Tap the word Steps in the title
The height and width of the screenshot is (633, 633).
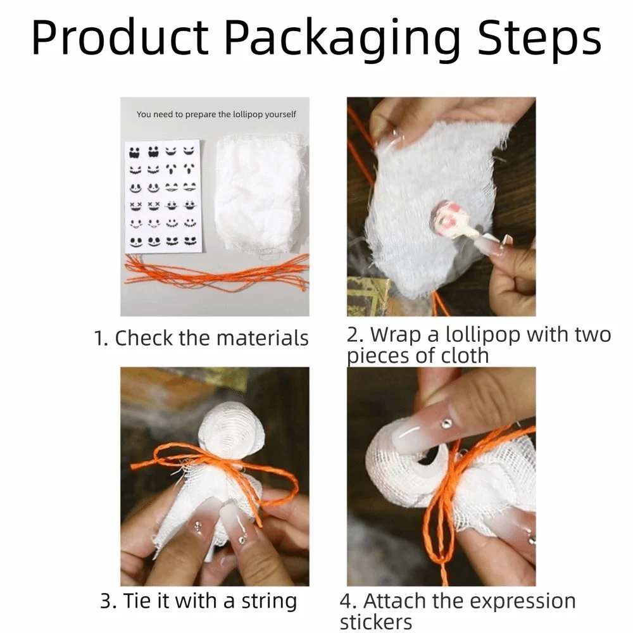539,37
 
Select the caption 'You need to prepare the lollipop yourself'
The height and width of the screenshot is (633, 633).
216,114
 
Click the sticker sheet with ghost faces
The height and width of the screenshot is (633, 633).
163,196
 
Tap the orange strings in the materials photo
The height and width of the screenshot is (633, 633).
216,272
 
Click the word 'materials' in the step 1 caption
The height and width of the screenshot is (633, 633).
263,338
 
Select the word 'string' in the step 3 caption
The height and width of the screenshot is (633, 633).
269,601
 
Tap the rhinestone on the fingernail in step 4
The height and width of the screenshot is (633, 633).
446,423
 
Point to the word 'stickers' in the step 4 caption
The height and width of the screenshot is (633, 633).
376,622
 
